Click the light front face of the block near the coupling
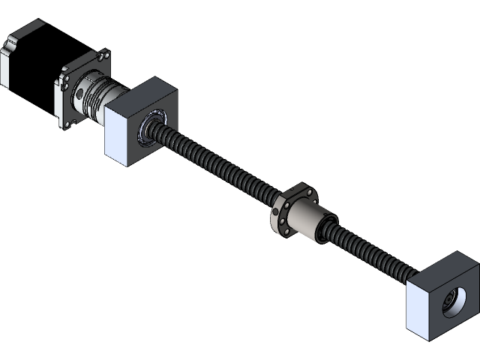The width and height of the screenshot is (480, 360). coord(120,134)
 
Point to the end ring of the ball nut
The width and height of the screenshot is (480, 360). coord(323,229)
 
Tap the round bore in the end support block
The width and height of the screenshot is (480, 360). coord(454,301)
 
